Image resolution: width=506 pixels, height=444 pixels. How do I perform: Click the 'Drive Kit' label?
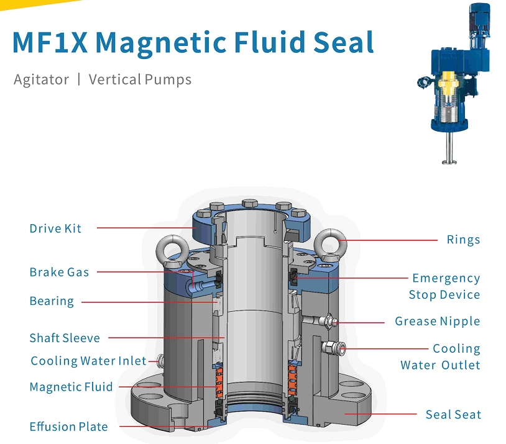click(x=55, y=229)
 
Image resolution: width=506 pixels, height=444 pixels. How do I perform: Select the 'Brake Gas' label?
click(x=59, y=272)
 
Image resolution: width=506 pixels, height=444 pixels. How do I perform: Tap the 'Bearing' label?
click(x=52, y=301)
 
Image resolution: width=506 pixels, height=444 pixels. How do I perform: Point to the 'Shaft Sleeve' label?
click(x=65, y=338)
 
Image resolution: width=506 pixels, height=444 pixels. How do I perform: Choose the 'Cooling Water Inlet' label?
click(x=88, y=361)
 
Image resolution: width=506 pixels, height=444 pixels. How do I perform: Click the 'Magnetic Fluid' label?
click(x=71, y=387)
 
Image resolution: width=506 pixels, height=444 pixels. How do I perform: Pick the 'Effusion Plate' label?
click(x=68, y=427)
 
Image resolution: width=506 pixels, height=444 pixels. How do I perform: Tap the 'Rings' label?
click(x=463, y=240)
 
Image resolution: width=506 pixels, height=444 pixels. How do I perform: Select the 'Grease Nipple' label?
click(x=437, y=322)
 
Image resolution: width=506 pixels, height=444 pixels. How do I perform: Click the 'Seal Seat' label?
click(x=453, y=414)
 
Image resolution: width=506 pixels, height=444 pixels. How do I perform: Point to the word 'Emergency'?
click(x=446, y=278)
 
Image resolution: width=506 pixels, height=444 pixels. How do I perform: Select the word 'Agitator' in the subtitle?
click(x=41, y=79)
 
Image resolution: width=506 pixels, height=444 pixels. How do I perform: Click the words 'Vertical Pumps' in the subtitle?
click(x=140, y=79)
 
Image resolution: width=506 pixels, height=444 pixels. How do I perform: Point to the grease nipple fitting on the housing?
click(x=328, y=322)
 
